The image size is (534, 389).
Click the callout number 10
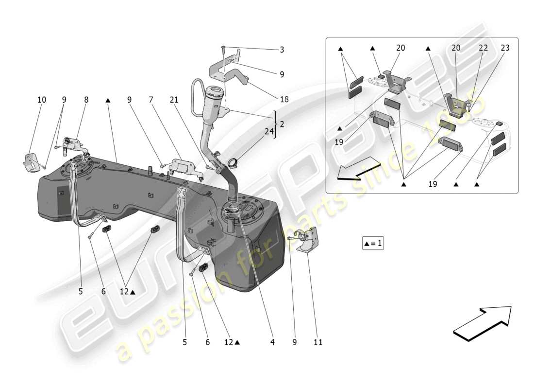[x=42, y=100]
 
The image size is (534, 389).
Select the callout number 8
[x=86, y=100]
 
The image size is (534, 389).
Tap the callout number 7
[x=151, y=100]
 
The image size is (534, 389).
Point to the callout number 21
[x=174, y=100]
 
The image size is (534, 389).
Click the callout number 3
[x=282, y=50]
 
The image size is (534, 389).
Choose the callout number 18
[x=284, y=99]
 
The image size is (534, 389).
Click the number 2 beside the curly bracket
[x=282, y=124]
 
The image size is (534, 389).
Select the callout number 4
[x=272, y=342]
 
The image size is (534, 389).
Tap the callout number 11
[x=317, y=342]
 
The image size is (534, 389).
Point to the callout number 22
[x=484, y=48]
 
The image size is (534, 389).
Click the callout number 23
[x=505, y=48]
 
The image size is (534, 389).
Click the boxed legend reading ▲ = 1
[x=373, y=243]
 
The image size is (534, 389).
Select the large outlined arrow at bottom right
[x=483, y=323]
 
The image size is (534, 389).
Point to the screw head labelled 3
[x=223, y=47]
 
